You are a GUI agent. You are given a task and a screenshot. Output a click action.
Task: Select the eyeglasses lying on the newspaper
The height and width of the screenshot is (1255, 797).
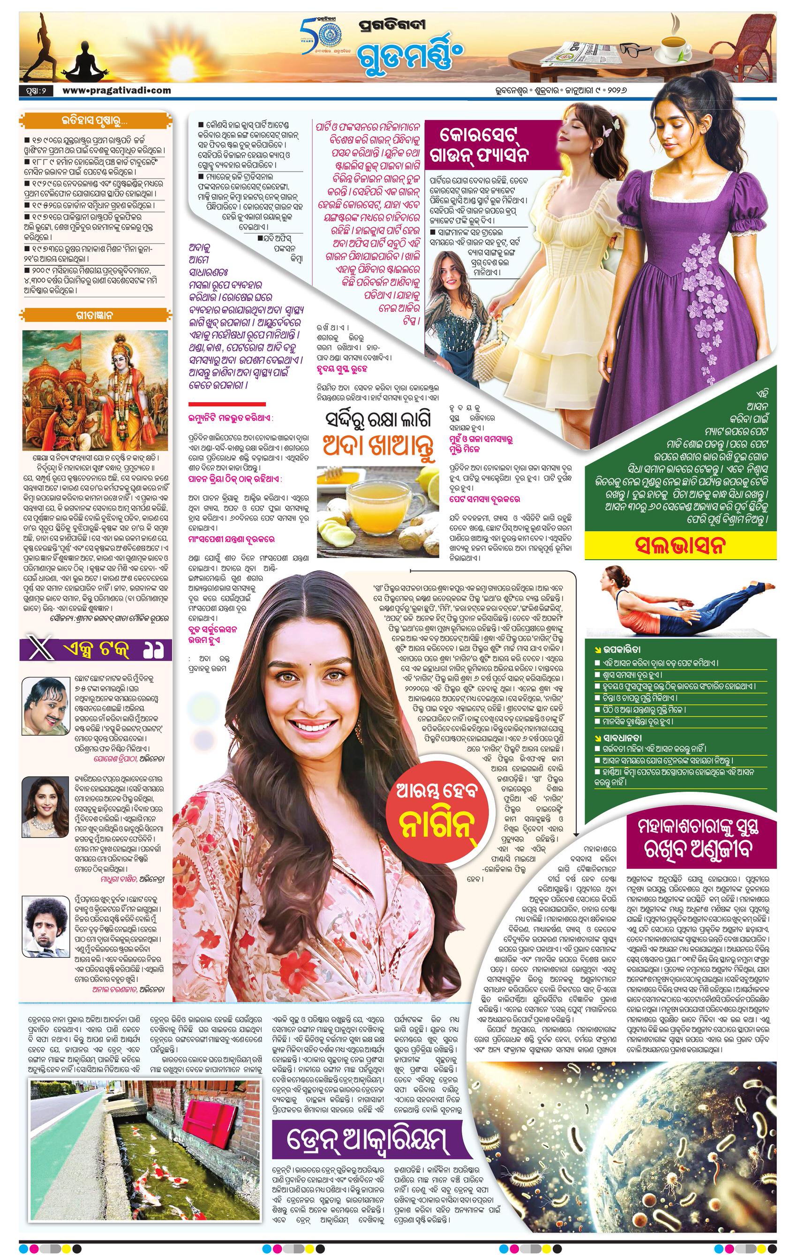click(x=635, y=51)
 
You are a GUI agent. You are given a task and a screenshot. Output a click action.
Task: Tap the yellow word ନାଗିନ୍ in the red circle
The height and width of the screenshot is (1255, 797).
click(x=438, y=825)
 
